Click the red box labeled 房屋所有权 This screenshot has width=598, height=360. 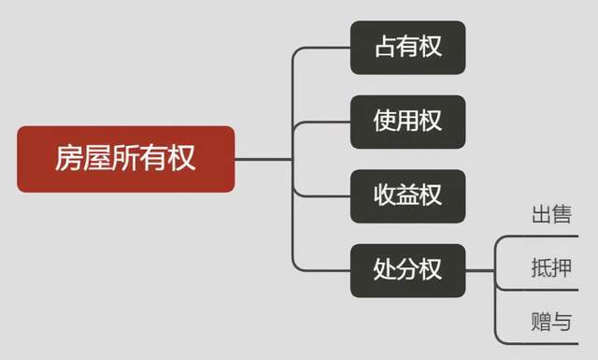[x=126, y=159]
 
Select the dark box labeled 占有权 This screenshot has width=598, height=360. [x=407, y=48]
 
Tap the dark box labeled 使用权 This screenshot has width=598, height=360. [x=407, y=122]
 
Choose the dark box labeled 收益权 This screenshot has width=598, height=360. [x=407, y=196]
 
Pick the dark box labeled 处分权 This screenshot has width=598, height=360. [x=407, y=270]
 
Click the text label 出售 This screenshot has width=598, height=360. [x=551, y=214]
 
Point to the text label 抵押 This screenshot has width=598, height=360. [x=551, y=267]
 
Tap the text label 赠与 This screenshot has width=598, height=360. [x=551, y=321]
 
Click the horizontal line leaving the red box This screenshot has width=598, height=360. [x=263, y=159]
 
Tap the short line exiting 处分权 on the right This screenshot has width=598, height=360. [x=479, y=270]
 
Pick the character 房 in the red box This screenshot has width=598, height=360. [x=68, y=158]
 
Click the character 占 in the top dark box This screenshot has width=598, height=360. [x=386, y=46]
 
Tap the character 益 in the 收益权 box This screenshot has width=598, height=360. [x=407, y=195]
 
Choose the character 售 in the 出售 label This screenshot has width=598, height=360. [x=562, y=214]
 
